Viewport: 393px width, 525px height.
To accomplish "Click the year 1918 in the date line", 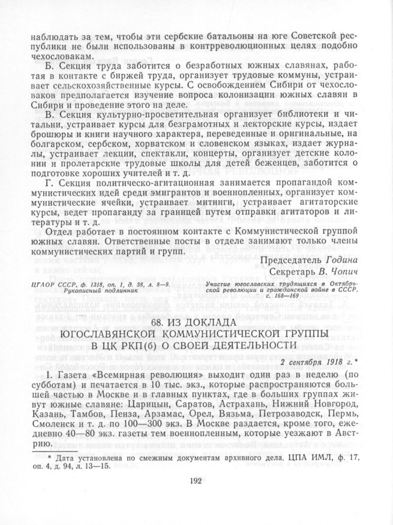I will [x=322, y=362].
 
